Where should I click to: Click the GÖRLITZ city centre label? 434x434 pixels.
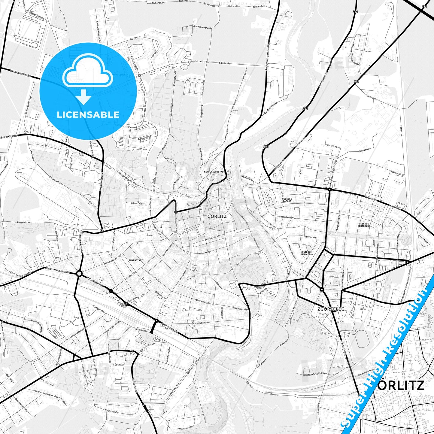217,216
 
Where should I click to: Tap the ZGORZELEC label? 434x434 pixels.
330,309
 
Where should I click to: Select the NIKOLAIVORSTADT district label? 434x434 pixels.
214,172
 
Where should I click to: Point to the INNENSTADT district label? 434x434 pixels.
135,260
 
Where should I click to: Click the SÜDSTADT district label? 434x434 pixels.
119,364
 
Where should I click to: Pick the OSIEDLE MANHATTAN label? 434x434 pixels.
307,253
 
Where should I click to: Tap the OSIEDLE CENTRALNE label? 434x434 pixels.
364,225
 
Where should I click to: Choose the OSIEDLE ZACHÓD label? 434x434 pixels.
287,200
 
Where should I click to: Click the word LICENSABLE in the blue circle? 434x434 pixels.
88,115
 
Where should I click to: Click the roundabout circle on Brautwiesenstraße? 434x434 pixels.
79,274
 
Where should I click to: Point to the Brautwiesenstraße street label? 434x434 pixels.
58,270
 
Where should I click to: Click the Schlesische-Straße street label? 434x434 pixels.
198,62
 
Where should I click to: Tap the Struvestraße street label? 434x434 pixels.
204,253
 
